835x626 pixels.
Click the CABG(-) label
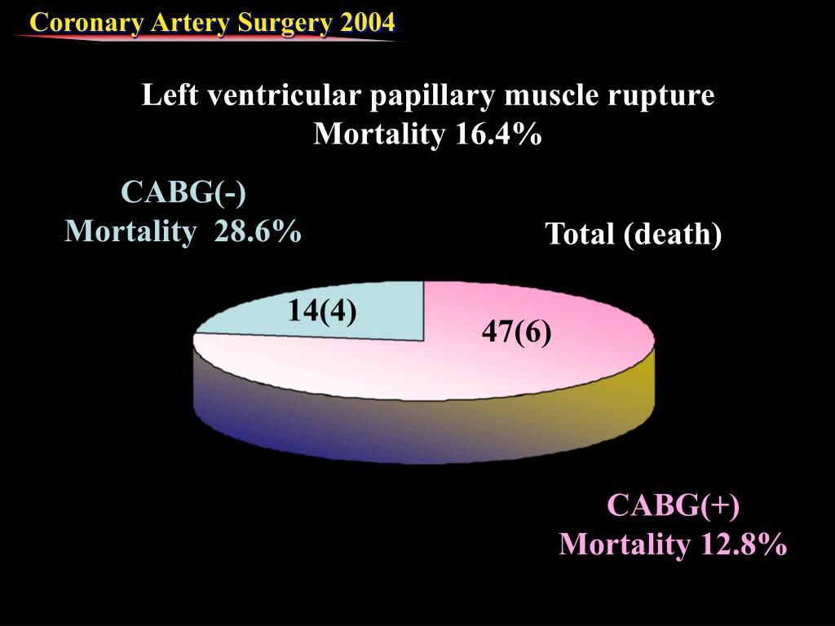coord(183,193)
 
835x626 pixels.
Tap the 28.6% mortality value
coord(258,232)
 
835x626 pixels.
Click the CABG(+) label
coord(674,505)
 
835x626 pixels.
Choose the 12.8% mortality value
coord(741,544)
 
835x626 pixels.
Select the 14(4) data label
coord(321,311)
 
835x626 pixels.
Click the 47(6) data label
coord(516,332)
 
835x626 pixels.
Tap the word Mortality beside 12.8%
coord(624,544)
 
